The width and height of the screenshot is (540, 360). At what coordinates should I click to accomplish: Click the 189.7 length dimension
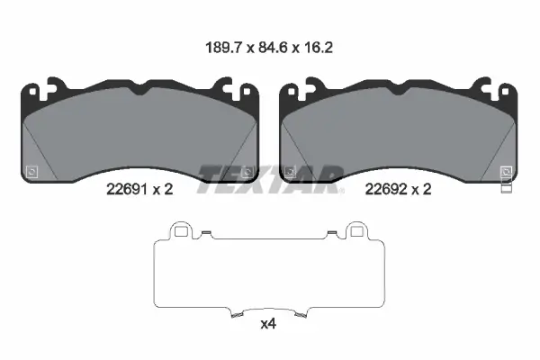coord(224,48)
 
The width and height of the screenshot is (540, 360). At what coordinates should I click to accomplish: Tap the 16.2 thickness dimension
coord(319,48)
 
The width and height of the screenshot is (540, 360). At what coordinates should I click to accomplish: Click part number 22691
coord(127,189)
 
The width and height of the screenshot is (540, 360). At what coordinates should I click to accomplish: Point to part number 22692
coord(385,189)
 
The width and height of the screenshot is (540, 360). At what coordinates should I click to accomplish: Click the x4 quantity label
coord(268,324)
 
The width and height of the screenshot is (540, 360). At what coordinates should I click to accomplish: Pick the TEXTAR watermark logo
coord(270,179)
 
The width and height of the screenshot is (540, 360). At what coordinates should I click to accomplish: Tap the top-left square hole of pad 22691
coord(32,92)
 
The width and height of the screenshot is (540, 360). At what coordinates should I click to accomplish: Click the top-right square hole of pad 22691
coord(247,92)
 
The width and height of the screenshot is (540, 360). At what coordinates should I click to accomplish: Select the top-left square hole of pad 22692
coord(292,92)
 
